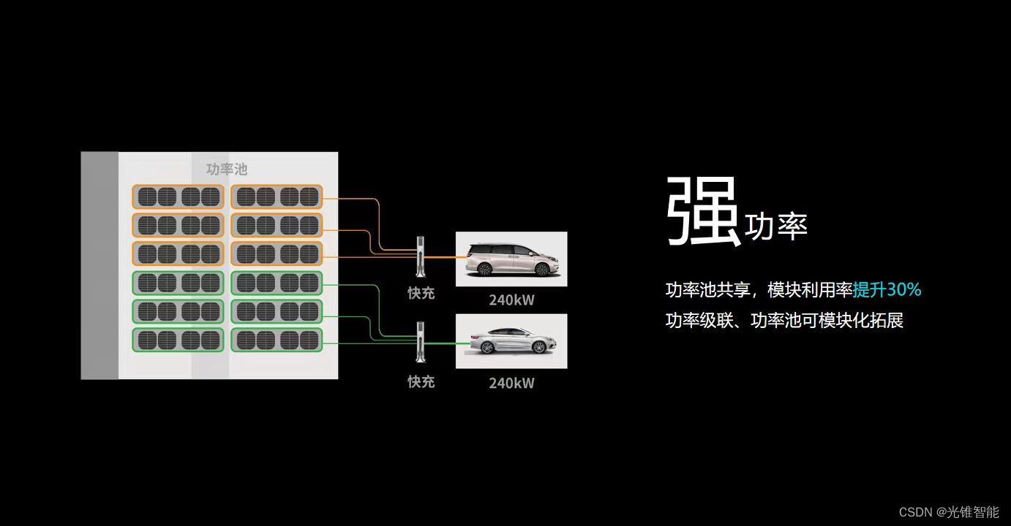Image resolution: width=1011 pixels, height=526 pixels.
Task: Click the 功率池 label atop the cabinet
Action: click(x=227, y=169)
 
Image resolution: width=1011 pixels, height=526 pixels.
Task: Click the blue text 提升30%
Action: click(x=887, y=290)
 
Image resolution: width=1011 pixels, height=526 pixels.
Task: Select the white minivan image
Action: click(x=511, y=259)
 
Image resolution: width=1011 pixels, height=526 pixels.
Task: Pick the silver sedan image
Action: click(x=511, y=341)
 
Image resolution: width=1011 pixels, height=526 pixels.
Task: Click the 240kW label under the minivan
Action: click(x=511, y=300)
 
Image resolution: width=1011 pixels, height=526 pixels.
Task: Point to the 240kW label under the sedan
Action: click(x=511, y=383)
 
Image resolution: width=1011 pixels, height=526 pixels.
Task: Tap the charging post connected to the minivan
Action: click(x=421, y=256)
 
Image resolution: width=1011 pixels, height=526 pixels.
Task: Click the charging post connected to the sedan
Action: click(x=421, y=341)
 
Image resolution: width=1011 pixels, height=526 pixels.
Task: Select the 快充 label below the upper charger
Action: click(x=421, y=294)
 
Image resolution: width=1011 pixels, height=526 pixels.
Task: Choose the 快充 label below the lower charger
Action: click(x=421, y=382)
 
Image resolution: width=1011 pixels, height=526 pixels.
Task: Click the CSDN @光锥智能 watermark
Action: click(x=949, y=512)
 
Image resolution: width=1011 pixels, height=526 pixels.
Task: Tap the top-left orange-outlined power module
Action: click(x=178, y=197)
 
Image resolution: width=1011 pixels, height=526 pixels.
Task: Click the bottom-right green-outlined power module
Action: click(x=277, y=340)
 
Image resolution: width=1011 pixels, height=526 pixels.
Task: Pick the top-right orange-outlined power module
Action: click(x=277, y=197)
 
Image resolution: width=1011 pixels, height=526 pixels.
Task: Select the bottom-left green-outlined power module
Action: click(x=178, y=340)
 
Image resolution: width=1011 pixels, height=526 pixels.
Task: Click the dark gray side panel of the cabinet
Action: click(x=99, y=265)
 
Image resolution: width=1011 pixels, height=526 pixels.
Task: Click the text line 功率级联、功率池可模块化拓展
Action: click(x=784, y=321)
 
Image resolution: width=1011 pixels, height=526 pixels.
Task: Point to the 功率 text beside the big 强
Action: click(x=775, y=227)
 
